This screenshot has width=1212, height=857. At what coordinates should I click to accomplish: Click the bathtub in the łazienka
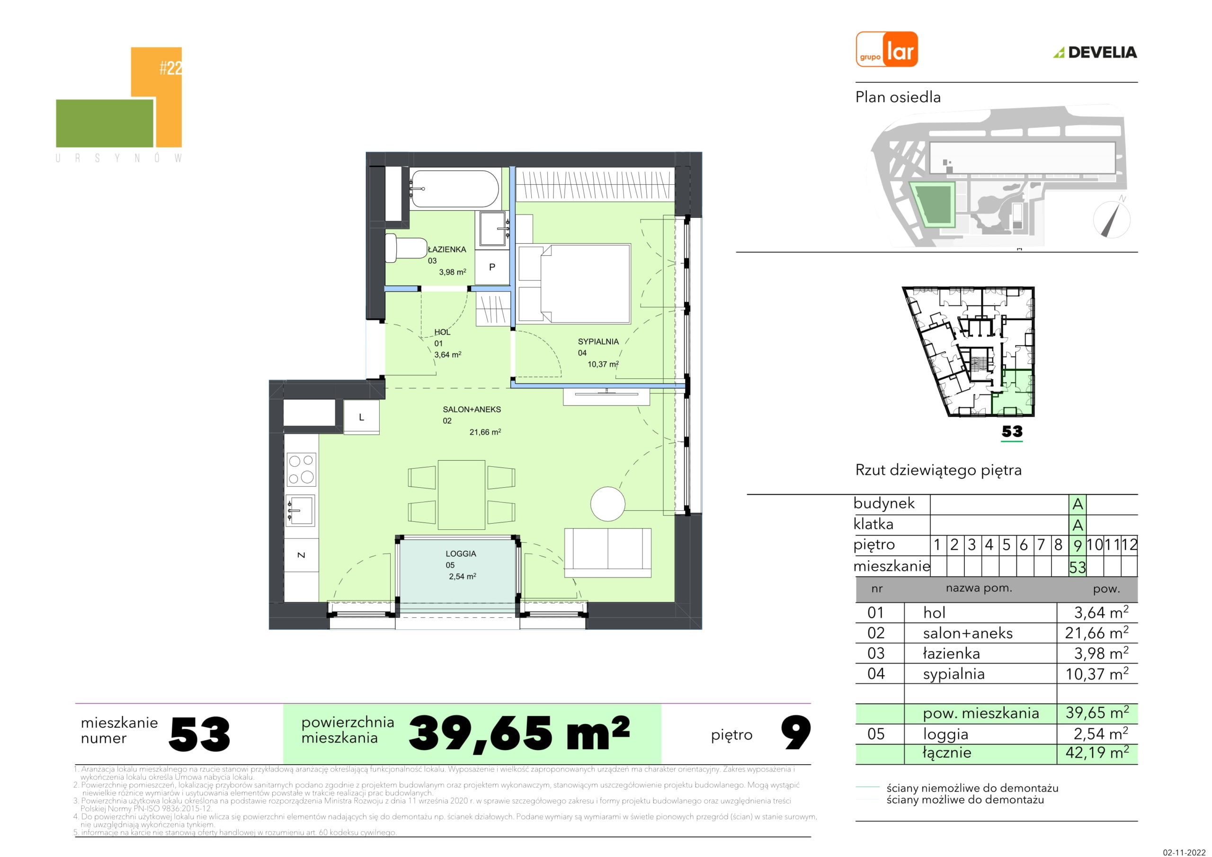(454, 188)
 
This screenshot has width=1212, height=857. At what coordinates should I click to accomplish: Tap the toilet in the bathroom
(406, 248)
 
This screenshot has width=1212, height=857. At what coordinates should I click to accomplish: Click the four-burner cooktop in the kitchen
(302, 469)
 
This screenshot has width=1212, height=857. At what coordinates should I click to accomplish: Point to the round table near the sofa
(607, 504)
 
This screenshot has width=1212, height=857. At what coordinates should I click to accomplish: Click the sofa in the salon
(607, 553)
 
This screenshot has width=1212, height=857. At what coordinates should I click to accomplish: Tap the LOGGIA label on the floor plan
(461, 554)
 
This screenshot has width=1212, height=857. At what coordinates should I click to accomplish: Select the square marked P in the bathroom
(492, 267)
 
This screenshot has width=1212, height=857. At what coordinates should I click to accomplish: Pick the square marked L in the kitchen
(362, 417)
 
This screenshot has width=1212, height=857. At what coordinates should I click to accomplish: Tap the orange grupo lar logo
(887, 49)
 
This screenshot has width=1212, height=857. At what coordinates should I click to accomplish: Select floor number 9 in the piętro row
(1078, 545)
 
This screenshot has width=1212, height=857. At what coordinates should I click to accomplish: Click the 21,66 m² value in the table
(1096, 633)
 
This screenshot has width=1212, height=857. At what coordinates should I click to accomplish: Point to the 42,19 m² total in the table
(1097, 752)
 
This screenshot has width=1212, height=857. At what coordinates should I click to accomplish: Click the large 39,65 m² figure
(519, 733)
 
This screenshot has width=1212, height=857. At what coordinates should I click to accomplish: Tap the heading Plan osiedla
(898, 97)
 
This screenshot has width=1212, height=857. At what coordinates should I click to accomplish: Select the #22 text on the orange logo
(170, 68)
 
